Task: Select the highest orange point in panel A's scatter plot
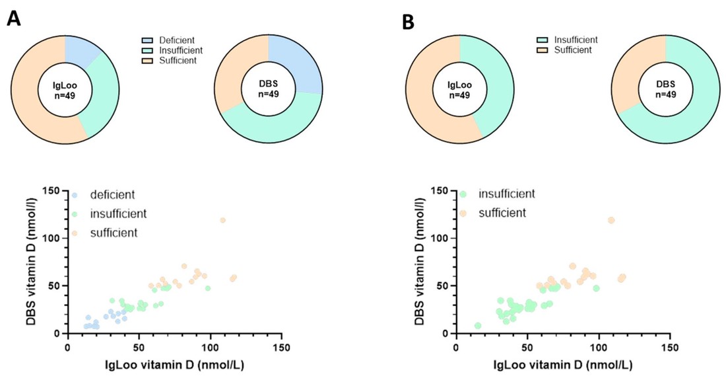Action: pos(222,220)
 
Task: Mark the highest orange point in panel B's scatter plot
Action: pos(611,220)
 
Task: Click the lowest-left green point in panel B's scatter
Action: pos(478,326)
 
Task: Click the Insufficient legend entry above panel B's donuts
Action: pos(576,40)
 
